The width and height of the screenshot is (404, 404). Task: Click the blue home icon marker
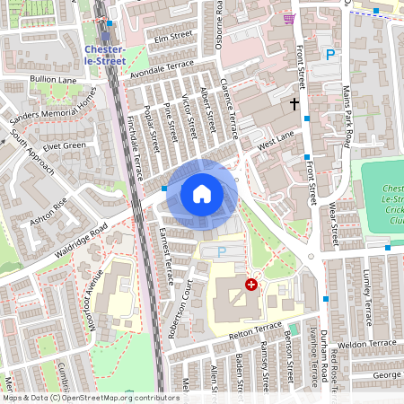pos(202,193)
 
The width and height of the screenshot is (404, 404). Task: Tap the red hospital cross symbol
pos(251,284)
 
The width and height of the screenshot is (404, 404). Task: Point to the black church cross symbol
pos(294,104)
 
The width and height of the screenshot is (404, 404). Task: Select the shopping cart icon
pos(288,18)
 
